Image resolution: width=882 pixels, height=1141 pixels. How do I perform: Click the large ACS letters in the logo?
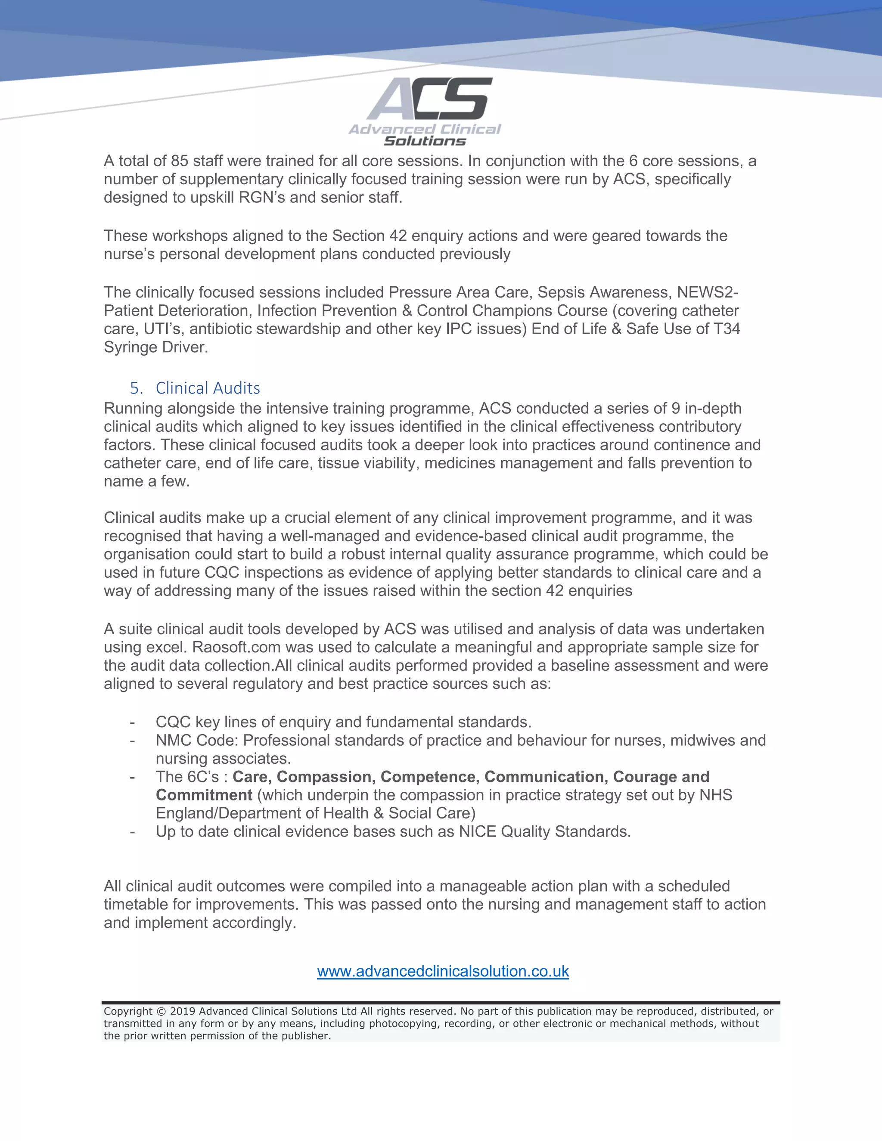(429, 99)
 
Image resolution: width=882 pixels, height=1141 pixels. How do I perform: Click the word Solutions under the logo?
(424, 141)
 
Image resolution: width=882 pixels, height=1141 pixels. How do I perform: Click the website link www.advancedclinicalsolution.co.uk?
(443, 971)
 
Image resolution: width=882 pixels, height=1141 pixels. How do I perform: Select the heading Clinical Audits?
(208, 388)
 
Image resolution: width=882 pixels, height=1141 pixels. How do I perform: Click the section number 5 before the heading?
(135, 388)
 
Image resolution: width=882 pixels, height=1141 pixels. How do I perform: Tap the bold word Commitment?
(204, 795)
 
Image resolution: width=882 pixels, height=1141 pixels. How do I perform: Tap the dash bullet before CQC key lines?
(133, 722)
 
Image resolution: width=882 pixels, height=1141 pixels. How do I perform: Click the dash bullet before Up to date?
(133, 832)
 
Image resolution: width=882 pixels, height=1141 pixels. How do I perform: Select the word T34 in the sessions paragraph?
(727, 329)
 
